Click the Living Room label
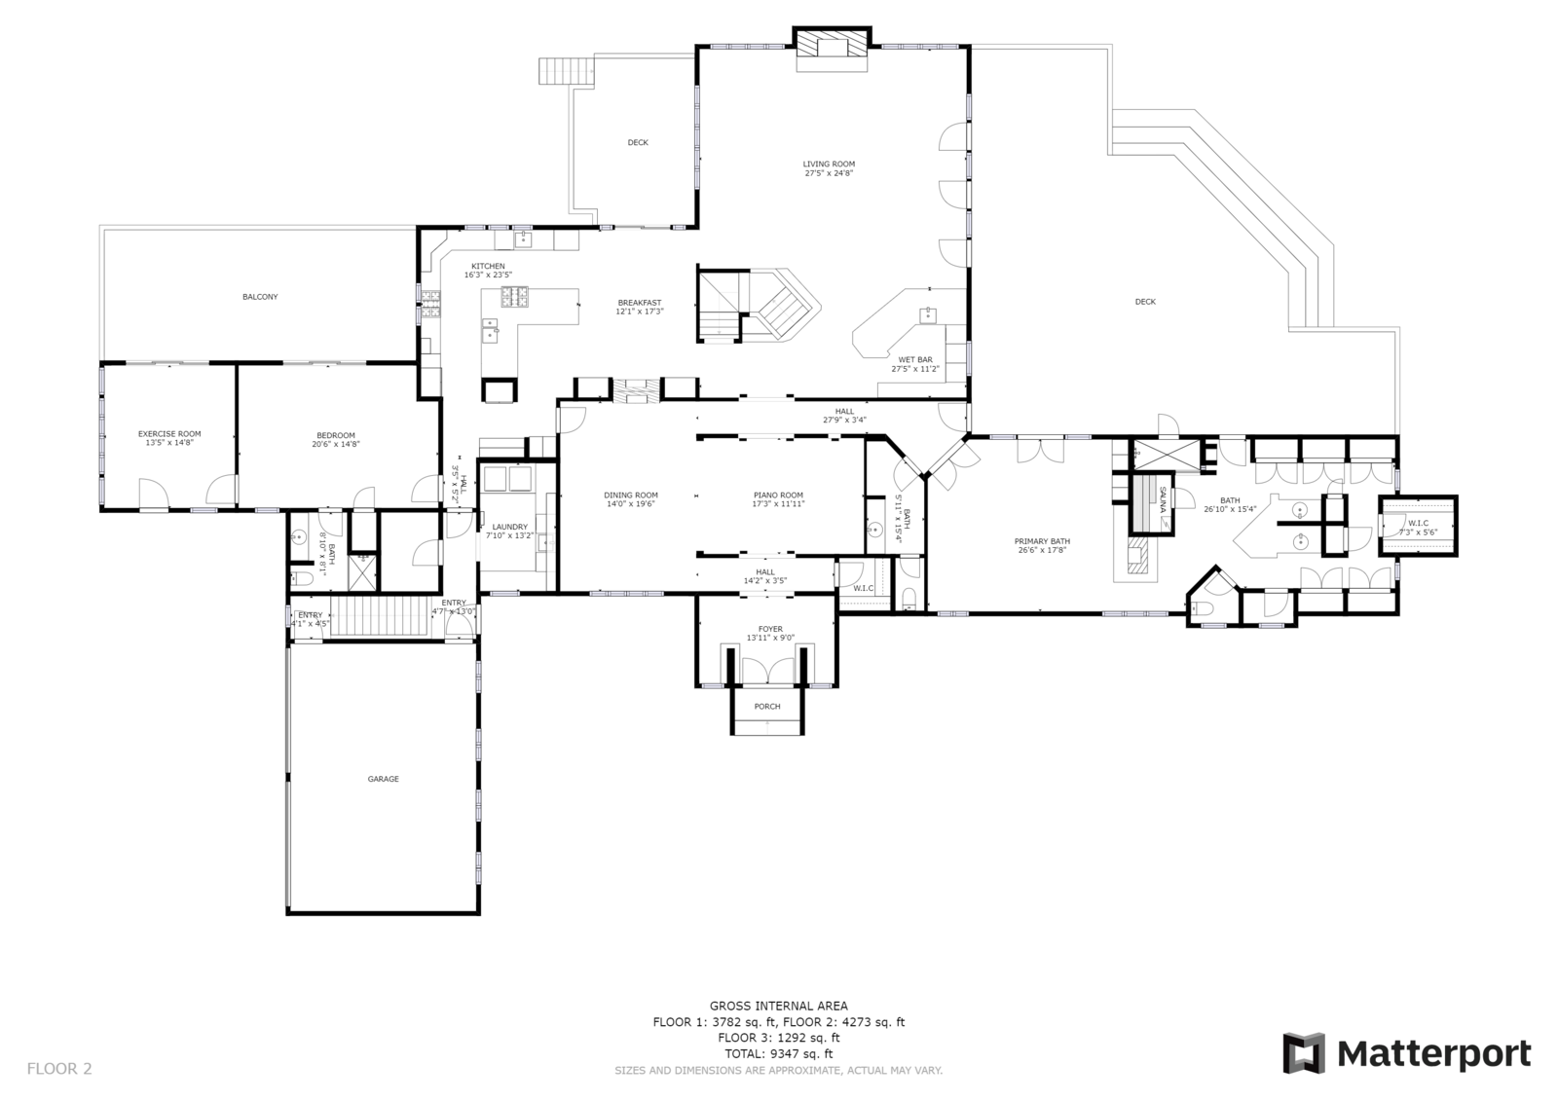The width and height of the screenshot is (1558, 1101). [829, 164]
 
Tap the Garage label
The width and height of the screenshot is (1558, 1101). [383, 779]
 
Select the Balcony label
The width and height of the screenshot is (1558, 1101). [260, 297]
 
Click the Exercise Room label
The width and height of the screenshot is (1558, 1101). [169, 434]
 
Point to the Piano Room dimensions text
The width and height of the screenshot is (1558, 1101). [777, 504]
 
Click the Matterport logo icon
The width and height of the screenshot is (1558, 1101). [1303, 1053]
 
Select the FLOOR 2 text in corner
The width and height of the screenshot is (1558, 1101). [59, 1069]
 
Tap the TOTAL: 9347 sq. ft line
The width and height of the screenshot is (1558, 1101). [778, 1053]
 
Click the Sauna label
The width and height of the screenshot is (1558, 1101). [1163, 504]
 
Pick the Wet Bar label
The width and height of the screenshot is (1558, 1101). [914, 359]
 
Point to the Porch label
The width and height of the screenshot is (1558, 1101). [767, 707]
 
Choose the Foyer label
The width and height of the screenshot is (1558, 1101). [770, 629]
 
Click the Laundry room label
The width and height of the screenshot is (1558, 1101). [509, 527]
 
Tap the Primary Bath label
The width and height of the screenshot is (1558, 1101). [1042, 541]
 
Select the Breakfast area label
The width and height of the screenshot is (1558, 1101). [639, 303]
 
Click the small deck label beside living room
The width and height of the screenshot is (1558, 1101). [637, 143]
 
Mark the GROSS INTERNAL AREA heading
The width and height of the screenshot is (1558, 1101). [778, 1007]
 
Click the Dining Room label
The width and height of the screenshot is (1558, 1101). [631, 495]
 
